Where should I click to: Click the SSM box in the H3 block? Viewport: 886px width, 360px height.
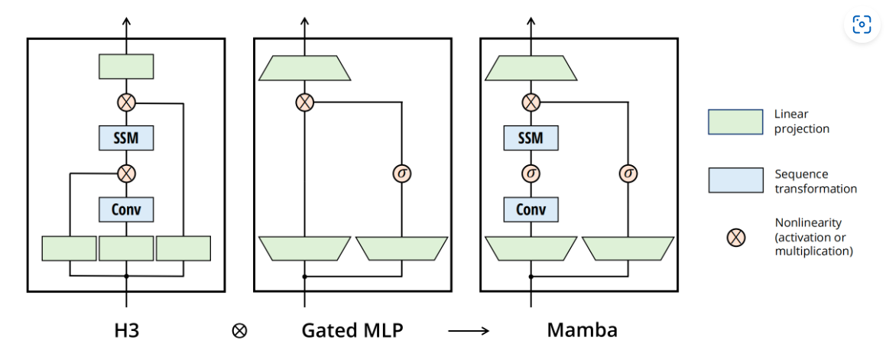(126, 138)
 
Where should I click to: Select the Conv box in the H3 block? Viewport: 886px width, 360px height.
(126, 209)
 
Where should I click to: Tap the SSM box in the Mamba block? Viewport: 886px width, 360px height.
(531, 138)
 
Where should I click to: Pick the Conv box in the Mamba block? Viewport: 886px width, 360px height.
(531, 209)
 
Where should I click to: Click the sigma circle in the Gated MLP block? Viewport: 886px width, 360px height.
(402, 174)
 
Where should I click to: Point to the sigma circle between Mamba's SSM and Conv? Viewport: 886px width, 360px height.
(531, 173)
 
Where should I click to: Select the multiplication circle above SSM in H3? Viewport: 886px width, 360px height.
(126, 102)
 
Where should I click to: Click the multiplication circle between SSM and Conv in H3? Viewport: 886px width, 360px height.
(126, 173)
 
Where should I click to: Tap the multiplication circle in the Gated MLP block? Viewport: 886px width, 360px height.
(304, 102)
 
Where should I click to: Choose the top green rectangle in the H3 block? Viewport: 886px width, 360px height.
(126, 66)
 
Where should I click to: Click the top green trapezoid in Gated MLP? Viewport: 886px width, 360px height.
(304, 68)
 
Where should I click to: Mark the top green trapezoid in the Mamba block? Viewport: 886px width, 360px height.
(531, 68)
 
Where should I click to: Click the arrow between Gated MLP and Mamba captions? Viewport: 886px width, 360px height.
(469, 331)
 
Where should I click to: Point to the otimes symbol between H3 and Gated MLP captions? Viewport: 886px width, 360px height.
(239, 331)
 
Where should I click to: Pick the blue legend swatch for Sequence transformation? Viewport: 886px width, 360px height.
(735, 180)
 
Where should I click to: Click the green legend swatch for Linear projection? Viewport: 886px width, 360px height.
(735, 122)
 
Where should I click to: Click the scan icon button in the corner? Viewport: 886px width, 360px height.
(862, 24)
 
